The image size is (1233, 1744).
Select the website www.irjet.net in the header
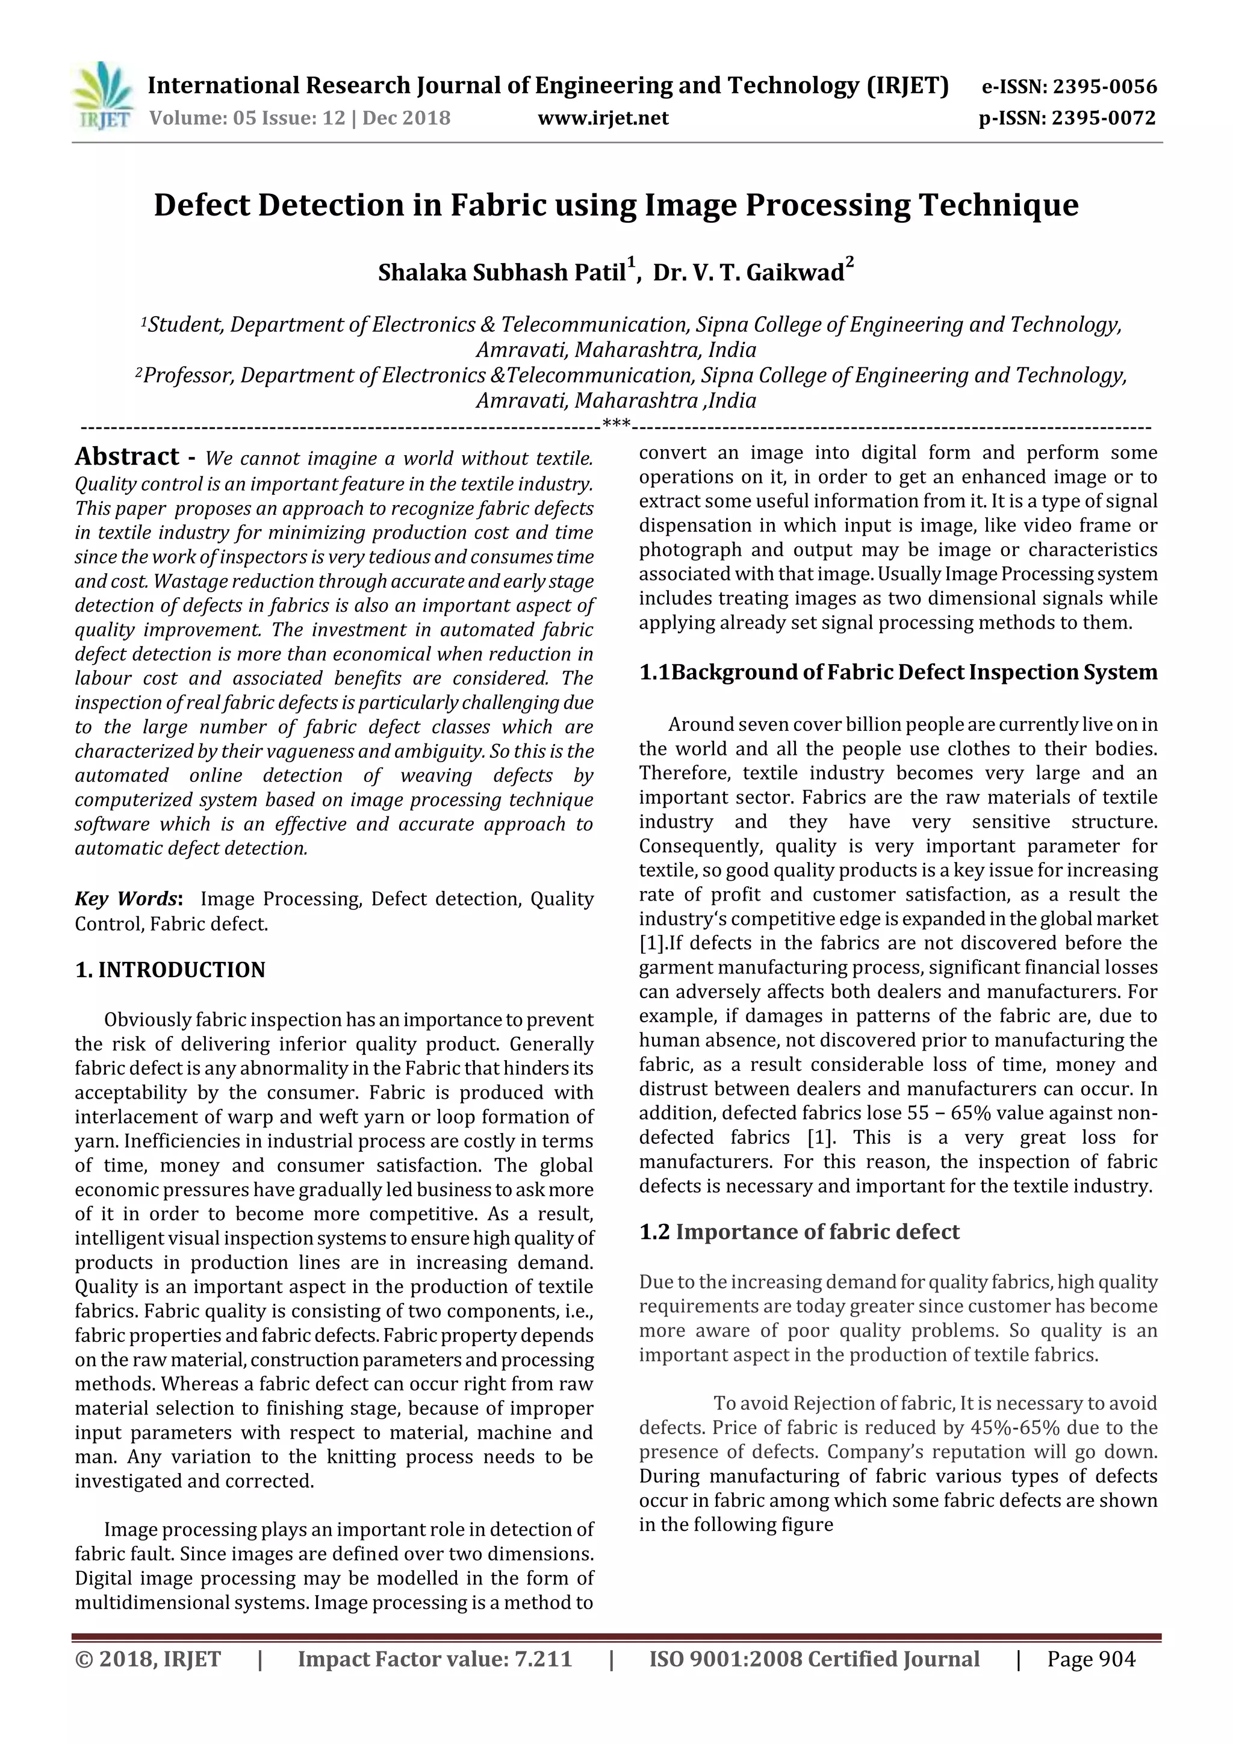[x=603, y=119]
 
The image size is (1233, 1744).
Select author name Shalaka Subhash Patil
[x=502, y=273]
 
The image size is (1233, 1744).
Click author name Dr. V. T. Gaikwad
[x=748, y=273]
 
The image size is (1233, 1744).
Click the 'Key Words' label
[x=127, y=899]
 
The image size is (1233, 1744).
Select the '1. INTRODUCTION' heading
[x=170, y=970]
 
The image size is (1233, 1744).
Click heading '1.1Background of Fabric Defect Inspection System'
[x=898, y=672]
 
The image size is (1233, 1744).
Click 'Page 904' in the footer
[x=1091, y=1659]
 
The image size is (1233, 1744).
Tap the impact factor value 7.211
[x=542, y=1659]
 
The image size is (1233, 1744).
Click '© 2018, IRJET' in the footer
[x=148, y=1659]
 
